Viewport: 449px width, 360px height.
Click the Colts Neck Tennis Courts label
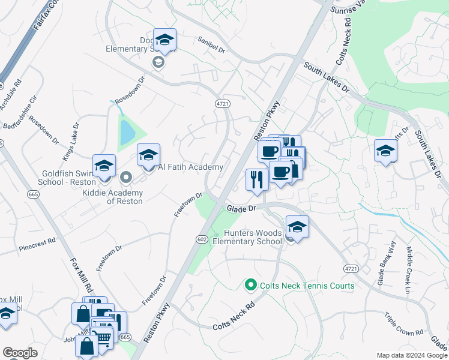(x=307, y=286)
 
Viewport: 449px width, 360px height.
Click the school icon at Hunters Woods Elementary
(x=297, y=227)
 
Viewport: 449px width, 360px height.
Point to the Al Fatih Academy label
(x=190, y=167)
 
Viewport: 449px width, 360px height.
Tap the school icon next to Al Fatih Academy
(x=148, y=156)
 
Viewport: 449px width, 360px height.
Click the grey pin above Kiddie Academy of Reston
(x=125, y=177)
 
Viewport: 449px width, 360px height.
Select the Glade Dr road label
(x=241, y=208)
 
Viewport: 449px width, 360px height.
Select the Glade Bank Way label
(x=385, y=259)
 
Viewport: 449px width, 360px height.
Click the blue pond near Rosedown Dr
(x=127, y=133)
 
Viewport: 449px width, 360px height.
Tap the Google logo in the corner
(x=20, y=353)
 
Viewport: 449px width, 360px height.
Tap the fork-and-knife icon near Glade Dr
(x=257, y=179)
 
